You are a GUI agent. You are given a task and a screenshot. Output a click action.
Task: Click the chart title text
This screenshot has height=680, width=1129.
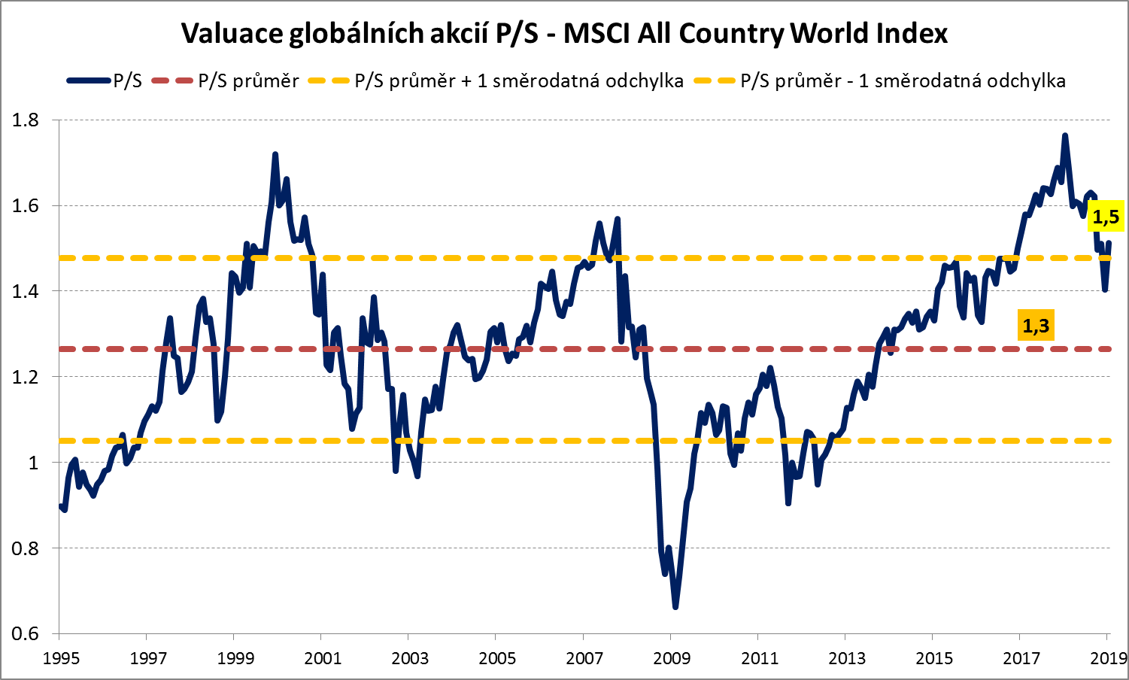click(x=564, y=34)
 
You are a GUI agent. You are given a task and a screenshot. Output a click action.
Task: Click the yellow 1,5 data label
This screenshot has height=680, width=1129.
click(x=1105, y=217)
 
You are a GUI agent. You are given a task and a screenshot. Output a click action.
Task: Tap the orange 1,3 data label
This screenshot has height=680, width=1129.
click(x=1035, y=326)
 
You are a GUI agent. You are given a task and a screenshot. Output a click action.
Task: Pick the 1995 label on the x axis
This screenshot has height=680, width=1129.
click(x=61, y=659)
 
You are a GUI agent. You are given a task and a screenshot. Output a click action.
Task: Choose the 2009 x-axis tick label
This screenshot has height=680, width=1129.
click(x=672, y=659)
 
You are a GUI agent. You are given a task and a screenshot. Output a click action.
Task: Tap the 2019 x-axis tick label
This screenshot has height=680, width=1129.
click(x=1107, y=659)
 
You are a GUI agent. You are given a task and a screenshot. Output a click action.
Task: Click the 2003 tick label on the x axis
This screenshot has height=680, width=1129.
click(x=410, y=659)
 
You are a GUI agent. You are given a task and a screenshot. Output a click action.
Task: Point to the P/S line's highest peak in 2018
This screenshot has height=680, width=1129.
click(x=1064, y=135)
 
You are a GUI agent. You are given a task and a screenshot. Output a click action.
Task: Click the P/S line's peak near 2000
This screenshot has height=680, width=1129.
click(x=275, y=154)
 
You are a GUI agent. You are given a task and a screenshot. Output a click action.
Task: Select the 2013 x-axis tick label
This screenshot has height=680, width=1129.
click(x=846, y=659)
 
